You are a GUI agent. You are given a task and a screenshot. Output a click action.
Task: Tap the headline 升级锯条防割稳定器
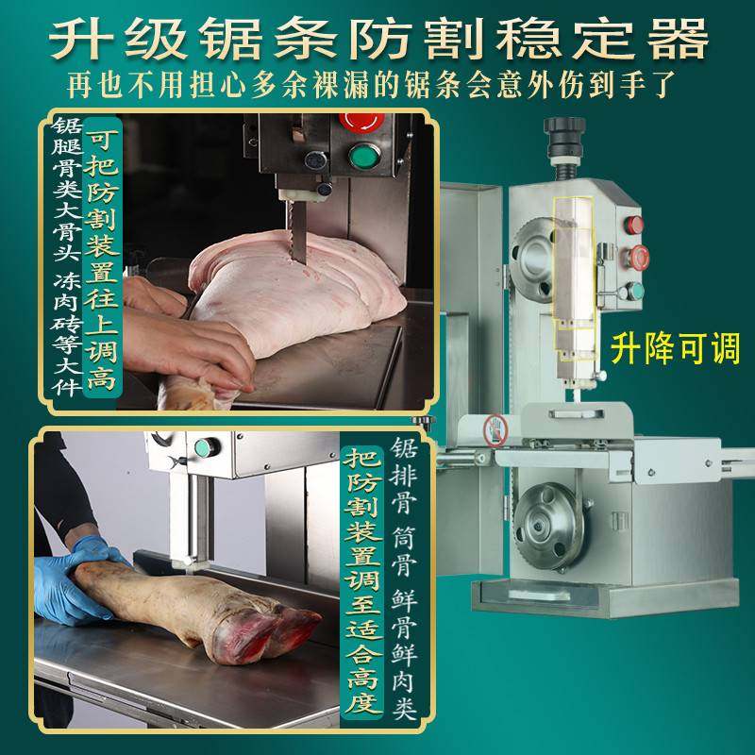377,40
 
